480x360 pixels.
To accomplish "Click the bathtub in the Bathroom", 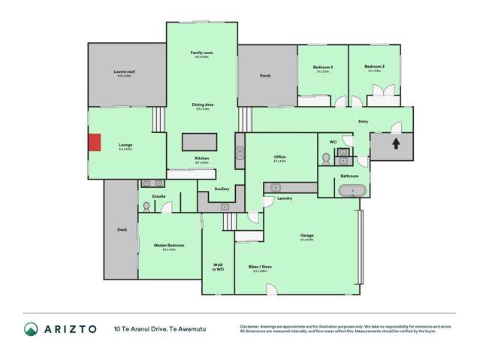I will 351,191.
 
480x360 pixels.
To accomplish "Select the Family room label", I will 201,53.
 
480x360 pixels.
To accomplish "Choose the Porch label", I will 265,76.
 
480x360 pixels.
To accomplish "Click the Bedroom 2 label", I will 323,67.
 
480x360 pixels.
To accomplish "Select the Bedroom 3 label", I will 374,67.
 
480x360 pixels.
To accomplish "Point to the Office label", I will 280,156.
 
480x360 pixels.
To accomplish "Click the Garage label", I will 306,235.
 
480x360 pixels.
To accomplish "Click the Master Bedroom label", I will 168,246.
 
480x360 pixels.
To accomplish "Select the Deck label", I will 122,229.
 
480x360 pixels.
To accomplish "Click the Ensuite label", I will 158,197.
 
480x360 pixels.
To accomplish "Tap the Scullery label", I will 222,189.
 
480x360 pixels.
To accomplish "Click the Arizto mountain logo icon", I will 31,328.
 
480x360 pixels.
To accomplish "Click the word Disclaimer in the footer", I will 252,325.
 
